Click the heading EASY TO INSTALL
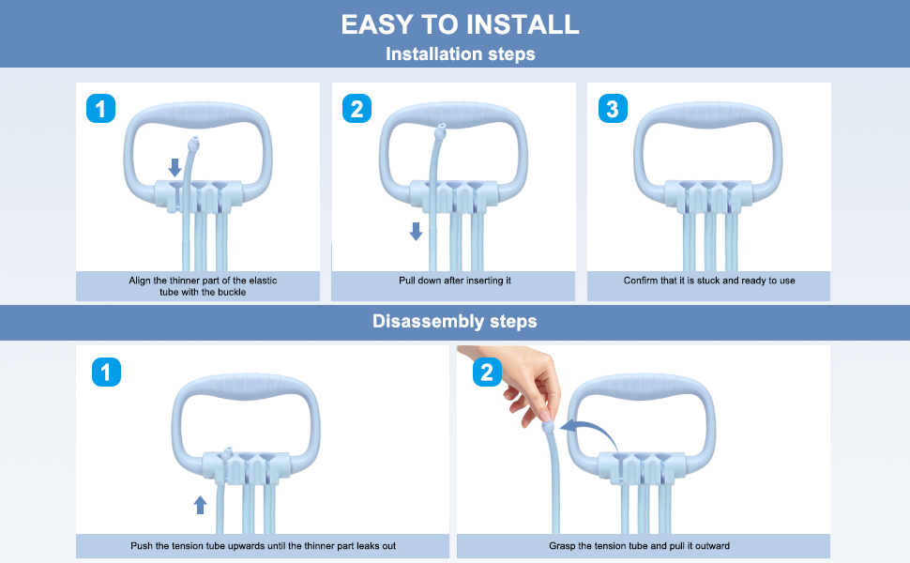point(461,24)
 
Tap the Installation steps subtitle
point(461,54)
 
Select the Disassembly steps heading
point(454,321)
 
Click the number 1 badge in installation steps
point(101,109)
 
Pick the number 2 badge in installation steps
point(356,109)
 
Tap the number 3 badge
point(613,109)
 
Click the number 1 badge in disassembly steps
point(106,372)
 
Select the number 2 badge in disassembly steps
point(488,372)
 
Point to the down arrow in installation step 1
point(174,168)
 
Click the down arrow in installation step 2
point(417,231)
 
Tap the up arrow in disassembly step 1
point(200,505)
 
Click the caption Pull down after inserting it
point(455,281)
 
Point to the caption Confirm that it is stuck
point(709,281)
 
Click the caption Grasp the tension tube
point(640,545)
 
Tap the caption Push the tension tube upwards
point(263,545)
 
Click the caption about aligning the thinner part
point(203,286)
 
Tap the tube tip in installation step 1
point(194,144)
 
